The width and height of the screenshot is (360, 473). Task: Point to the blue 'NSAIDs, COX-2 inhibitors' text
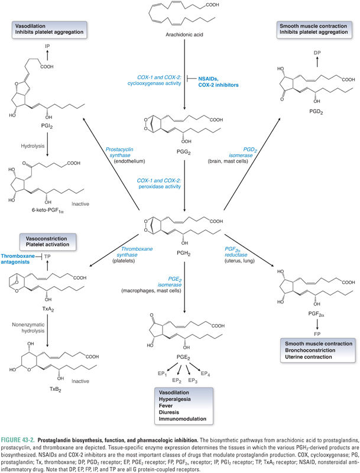click(222, 82)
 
